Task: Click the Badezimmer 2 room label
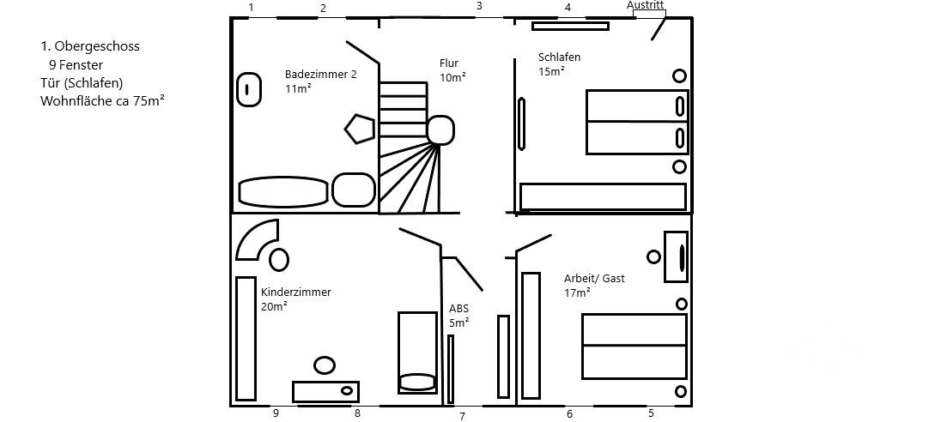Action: [x=320, y=75]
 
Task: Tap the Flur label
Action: [x=449, y=63]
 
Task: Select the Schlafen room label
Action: [x=559, y=57]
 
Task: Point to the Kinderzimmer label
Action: [x=295, y=292]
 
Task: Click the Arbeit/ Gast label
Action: [x=594, y=279]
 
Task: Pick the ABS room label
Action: [x=458, y=309]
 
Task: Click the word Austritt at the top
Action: [x=646, y=4]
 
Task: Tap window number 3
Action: [x=479, y=6]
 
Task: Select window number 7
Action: [x=462, y=417]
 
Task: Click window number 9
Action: [x=276, y=413]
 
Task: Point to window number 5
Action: [x=651, y=413]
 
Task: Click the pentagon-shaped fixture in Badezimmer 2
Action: [x=359, y=129]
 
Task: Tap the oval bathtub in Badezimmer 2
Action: [x=282, y=191]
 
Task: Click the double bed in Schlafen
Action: [x=636, y=122]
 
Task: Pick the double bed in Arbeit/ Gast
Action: [x=634, y=346]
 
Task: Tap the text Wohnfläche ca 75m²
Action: [x=102, y=100]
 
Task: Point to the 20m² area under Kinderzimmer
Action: [x=274, y=306]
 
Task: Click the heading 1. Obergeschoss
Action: [x=89, y=46]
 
